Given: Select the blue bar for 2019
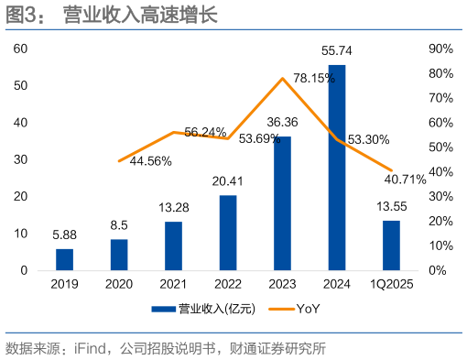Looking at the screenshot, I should point(64,259).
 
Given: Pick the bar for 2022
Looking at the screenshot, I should point(228,233).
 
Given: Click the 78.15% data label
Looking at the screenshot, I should point(314,80).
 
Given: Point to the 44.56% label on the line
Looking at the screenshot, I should point(151,160).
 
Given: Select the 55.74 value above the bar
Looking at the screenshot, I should point(337,54).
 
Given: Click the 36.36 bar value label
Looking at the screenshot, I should point(283,122).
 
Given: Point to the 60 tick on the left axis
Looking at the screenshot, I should point(21,48).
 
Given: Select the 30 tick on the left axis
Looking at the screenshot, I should point(21,159).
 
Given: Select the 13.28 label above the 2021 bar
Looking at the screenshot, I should point(173,209).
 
